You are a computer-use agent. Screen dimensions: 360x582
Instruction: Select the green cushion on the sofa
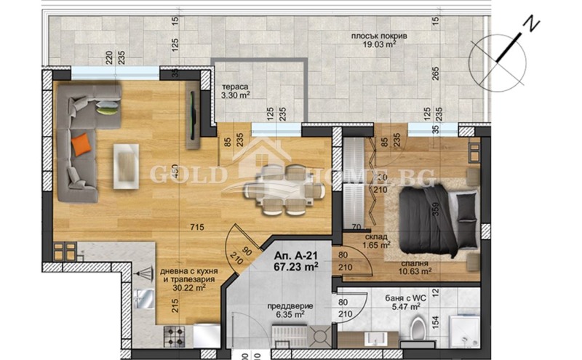pos(108,110)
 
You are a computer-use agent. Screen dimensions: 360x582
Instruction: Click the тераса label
pos(236,84)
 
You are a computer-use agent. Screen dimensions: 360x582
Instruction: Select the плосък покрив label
pos(373,35)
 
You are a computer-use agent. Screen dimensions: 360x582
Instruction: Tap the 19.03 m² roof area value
pos(375,44)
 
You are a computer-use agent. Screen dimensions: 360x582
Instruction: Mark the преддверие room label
pos(279,306)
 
